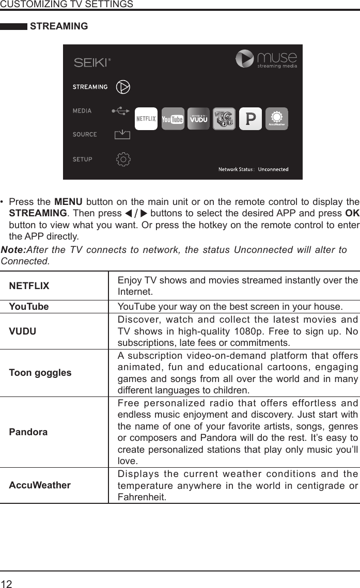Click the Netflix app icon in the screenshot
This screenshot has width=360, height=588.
tap(146, 119)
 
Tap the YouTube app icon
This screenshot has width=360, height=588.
tap(173, 119)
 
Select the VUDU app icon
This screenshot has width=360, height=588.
tap(199, 119)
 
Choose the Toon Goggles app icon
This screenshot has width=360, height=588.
tap(224, 119)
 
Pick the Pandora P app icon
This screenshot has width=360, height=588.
tap(251, 119)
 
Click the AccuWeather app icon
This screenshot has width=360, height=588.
tap(277, 119)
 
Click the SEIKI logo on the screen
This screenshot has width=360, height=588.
tap(92, 62)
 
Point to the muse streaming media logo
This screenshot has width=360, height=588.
tap(267, 59)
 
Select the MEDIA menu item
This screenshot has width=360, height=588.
tap(82, 110)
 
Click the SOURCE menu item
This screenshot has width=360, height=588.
tap(85, 134)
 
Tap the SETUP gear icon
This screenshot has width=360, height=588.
tap(123, 159)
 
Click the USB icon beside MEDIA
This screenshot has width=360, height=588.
tap(121, 110)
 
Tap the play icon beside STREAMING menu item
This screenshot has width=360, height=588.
tap(122, 87)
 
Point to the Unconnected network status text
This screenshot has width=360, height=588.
tap(273, 169)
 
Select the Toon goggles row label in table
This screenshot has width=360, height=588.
tap(40, 372)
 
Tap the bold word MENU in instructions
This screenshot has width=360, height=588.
tap(66, 201)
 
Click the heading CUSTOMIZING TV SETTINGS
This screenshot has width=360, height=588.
tap(67, 4)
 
